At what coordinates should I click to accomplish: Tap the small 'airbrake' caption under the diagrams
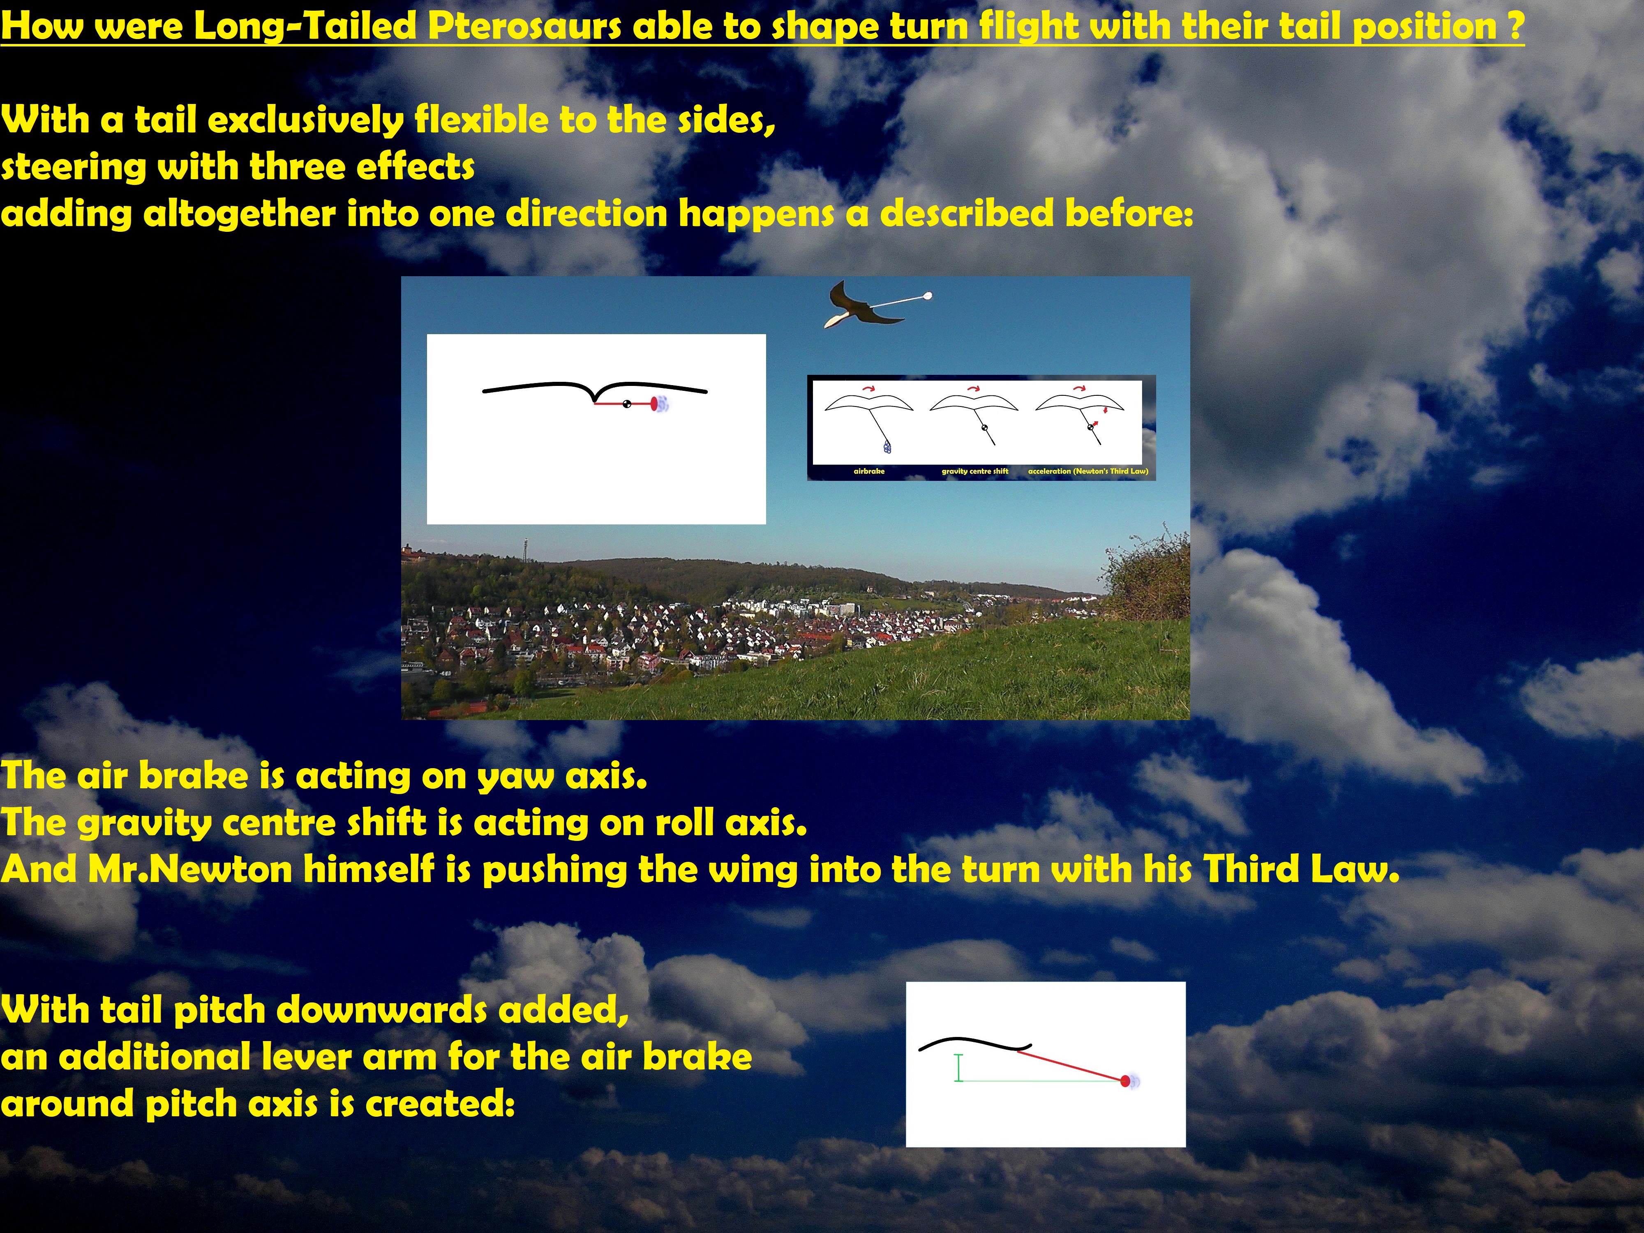(869, 471)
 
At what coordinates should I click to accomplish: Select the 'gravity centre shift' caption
(974, 471)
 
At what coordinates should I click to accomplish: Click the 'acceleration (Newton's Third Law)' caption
(1088, 471)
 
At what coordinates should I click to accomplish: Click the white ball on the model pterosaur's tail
(927, 297)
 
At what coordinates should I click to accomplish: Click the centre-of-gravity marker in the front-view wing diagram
(626, 404)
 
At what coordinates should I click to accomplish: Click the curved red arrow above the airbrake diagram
(868, 388)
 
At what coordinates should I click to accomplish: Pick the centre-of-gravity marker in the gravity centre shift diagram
(985, 428)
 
